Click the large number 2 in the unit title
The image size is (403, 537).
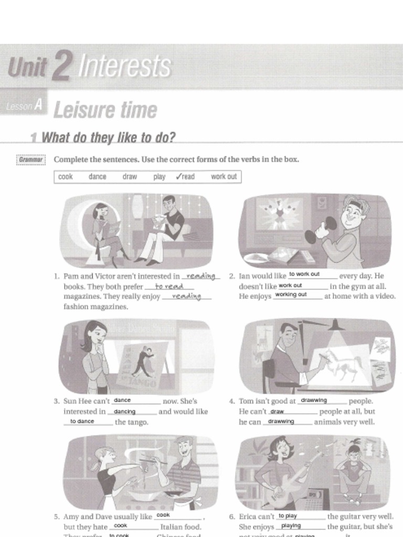pos(61,68)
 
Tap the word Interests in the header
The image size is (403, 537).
pos(125,67)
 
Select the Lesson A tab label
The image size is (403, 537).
pos(24,106)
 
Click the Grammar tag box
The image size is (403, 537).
pos(31,159)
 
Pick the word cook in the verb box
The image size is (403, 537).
pos(66,177)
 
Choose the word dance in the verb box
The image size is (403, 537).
pos(97,177)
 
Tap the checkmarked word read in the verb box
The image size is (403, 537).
pos(185,177)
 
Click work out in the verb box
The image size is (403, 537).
pos(224,177)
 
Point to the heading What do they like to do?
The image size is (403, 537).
pos(108,137)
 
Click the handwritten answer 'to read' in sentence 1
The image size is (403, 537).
pos(169,286)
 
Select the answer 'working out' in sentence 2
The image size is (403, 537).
pos(291,295)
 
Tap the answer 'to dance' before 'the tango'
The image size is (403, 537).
pos(82,421)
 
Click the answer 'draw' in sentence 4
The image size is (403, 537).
pos(277,412)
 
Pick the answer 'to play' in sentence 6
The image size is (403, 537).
pos(288,515)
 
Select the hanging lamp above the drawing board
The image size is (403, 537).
pos(336,326)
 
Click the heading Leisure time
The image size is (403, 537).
pos(105,110)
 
